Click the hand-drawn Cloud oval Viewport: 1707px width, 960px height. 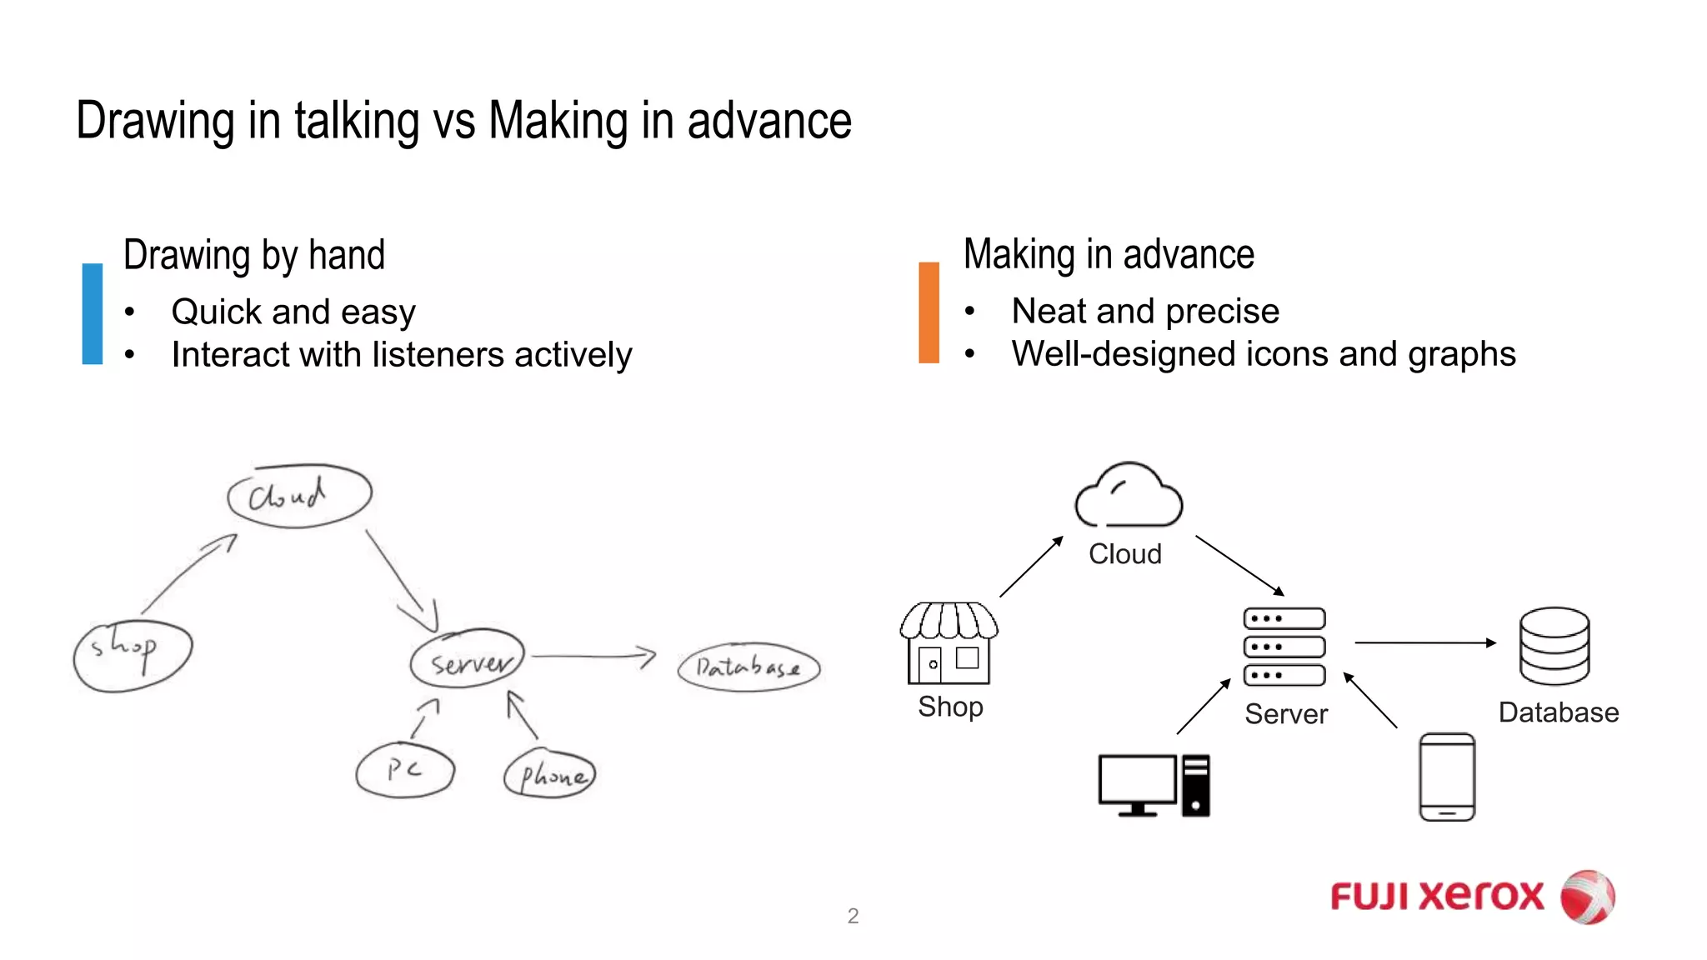click(x=299, y=496)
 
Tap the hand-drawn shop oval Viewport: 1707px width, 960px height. click(x=133, y=656)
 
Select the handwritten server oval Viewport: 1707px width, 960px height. click(x=468, y=658)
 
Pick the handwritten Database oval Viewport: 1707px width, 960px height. click(x=748, y=667)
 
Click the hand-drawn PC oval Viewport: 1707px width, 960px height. click(x=405, y=771)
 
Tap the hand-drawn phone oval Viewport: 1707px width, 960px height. click(x=550, y=774)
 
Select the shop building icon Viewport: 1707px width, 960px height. click(x=949, y=642)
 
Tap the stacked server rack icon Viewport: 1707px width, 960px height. click(x=1284, y=647)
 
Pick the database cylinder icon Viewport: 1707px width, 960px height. click(x=1554, y=646)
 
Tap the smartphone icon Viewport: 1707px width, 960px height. click(x=1447, y=777)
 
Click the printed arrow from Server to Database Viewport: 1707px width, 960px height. click(x=1424, y=642)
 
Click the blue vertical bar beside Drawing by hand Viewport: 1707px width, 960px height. click(x=93, y=313)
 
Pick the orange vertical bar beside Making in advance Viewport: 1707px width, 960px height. click(x=929, y=312)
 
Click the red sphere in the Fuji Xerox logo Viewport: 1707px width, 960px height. click(x=1587, y=897)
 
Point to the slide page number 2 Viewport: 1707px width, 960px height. click(x=853, y=916)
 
